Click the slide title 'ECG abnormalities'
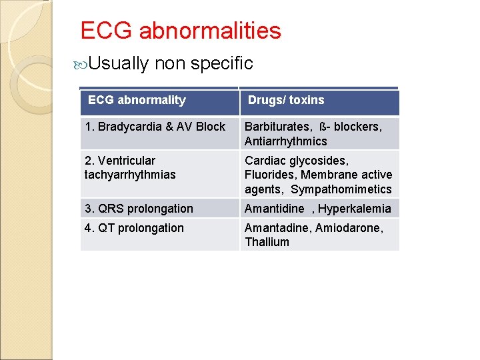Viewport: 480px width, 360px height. pos(181,31)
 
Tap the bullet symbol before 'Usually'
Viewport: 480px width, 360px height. pos(81,64)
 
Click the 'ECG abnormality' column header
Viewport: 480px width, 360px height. pos(137,100)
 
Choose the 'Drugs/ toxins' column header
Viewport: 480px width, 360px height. pos(286,100)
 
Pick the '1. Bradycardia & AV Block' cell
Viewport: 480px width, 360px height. pos(155,127)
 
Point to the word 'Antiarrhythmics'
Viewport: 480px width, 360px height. pos(285,141)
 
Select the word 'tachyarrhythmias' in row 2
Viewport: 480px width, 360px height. pos(130,175)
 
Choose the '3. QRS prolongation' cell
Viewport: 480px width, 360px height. pos(139,209)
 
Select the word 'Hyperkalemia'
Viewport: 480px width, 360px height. pos(355,209)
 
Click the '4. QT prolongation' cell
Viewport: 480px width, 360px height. pos(134,228)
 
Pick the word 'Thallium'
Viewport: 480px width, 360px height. pos(267,242)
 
